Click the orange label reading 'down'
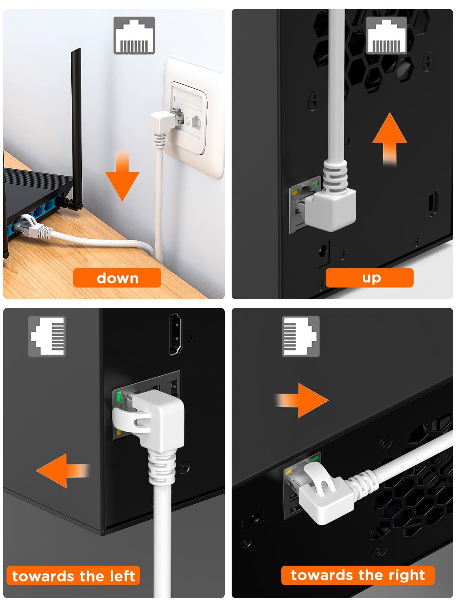(x=117, y=278)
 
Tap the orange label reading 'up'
(x=370, y=278)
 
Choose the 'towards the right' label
(x=358, y=575)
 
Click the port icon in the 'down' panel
(x=134, y=35)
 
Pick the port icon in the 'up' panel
(x=386, y=35)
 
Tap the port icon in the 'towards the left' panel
(x=47, y=336)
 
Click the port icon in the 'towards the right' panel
(x=300, y=336)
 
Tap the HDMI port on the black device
(x=175, y=335)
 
